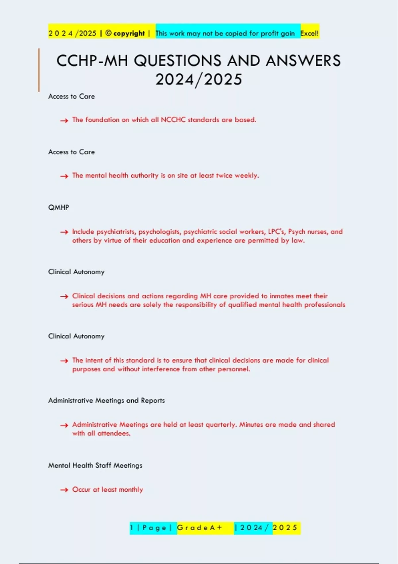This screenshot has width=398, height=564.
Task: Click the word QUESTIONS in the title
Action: [178, 61]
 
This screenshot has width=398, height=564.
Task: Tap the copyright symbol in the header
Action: [108, 33]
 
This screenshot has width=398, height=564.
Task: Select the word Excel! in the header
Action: [309, 33]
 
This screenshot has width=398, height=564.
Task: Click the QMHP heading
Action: [59, 207]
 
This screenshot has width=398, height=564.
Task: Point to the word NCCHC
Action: [173, 120]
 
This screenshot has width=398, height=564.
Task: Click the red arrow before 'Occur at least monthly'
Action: [64, 490]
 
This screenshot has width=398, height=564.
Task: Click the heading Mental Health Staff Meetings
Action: [95, 465]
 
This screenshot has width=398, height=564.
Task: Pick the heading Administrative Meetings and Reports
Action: [106, 400]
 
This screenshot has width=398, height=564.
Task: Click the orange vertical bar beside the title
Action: [39, 70]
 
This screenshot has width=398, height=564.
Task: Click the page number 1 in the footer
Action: [132, 528]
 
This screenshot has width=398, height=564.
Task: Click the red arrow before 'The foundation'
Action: [64, 120]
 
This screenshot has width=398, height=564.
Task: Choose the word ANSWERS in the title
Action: [303, 61]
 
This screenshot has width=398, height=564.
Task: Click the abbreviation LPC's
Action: [276, 232]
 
